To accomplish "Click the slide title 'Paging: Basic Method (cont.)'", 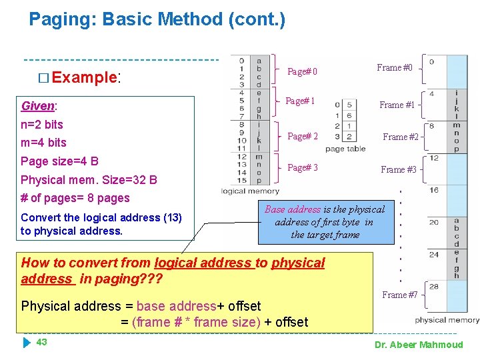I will [157, 19].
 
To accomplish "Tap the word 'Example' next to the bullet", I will [84, 77].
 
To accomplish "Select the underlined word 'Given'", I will [38, 106].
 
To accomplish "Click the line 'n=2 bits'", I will [42, 124].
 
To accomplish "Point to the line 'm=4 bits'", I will [43, 142].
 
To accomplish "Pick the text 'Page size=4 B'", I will [59, 161].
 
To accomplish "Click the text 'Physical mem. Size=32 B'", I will [89, 179].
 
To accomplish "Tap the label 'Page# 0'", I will [302, 72].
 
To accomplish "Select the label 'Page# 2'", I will [302, 137].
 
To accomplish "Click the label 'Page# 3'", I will [302, 167].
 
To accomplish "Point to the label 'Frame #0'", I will [395, 67].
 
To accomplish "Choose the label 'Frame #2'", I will [400, 137].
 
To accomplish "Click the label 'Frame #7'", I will [399, 295].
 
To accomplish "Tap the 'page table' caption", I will [345, 149].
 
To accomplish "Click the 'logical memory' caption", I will [250, 191].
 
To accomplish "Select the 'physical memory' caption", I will [446, 320].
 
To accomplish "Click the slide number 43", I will [41, 342].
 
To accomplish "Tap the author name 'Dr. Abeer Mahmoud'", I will [419, 345].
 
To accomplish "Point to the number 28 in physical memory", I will [434, 286].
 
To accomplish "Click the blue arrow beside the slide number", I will [27, 343].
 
